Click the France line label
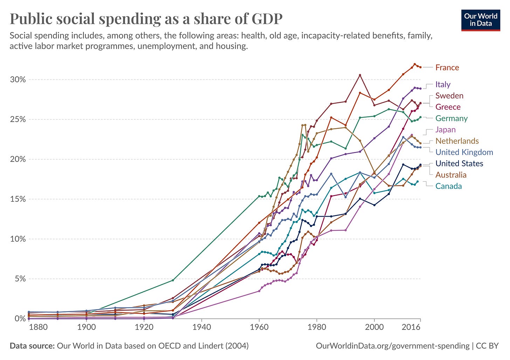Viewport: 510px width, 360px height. [x=447, y=68]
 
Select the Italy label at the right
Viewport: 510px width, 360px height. [x=443, y=84]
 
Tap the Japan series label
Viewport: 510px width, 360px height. [x=446, y=130]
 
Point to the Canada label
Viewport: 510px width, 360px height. [x=448, y=186]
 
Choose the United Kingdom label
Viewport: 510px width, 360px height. [x=464, y=152]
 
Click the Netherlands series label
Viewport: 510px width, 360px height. [x=457, y=141]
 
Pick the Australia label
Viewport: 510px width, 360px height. [x=451, y=175]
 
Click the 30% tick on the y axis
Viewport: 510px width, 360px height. [x=18, y=79]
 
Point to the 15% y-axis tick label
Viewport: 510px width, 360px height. [x=18, y=199]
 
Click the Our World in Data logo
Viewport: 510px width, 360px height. [x=481, y=20]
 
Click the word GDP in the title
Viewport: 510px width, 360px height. [x=267, y=19]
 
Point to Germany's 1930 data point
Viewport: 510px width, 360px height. [x=173, y=280]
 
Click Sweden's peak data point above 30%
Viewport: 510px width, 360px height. [x=360, y=75]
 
